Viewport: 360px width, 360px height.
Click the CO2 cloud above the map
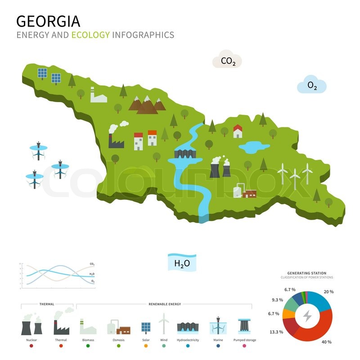pos(228,61)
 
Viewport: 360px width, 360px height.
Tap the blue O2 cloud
pos(312,85)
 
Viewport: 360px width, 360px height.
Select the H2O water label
pos(182,263)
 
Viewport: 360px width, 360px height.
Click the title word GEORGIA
pos(49,21)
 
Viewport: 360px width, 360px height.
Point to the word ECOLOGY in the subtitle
pos(90,35)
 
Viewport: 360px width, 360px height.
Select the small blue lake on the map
pos(253,147)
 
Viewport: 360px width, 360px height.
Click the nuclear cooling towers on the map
pos(220,167)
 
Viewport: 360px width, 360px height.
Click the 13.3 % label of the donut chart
pos(276,332)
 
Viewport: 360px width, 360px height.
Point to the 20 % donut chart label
pos(328,292)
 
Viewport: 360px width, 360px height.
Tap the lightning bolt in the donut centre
pos(307,316)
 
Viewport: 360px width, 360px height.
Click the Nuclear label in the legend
pos(31,340)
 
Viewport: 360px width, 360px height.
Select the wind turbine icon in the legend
pos(164,324)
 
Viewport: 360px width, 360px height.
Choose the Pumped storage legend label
pos(244,340)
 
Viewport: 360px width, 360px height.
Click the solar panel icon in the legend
pos(146,327)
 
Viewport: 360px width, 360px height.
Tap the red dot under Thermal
pos(61,346)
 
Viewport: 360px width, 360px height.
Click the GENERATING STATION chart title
pos(307,273)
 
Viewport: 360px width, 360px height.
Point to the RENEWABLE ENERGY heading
pos(165,304)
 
